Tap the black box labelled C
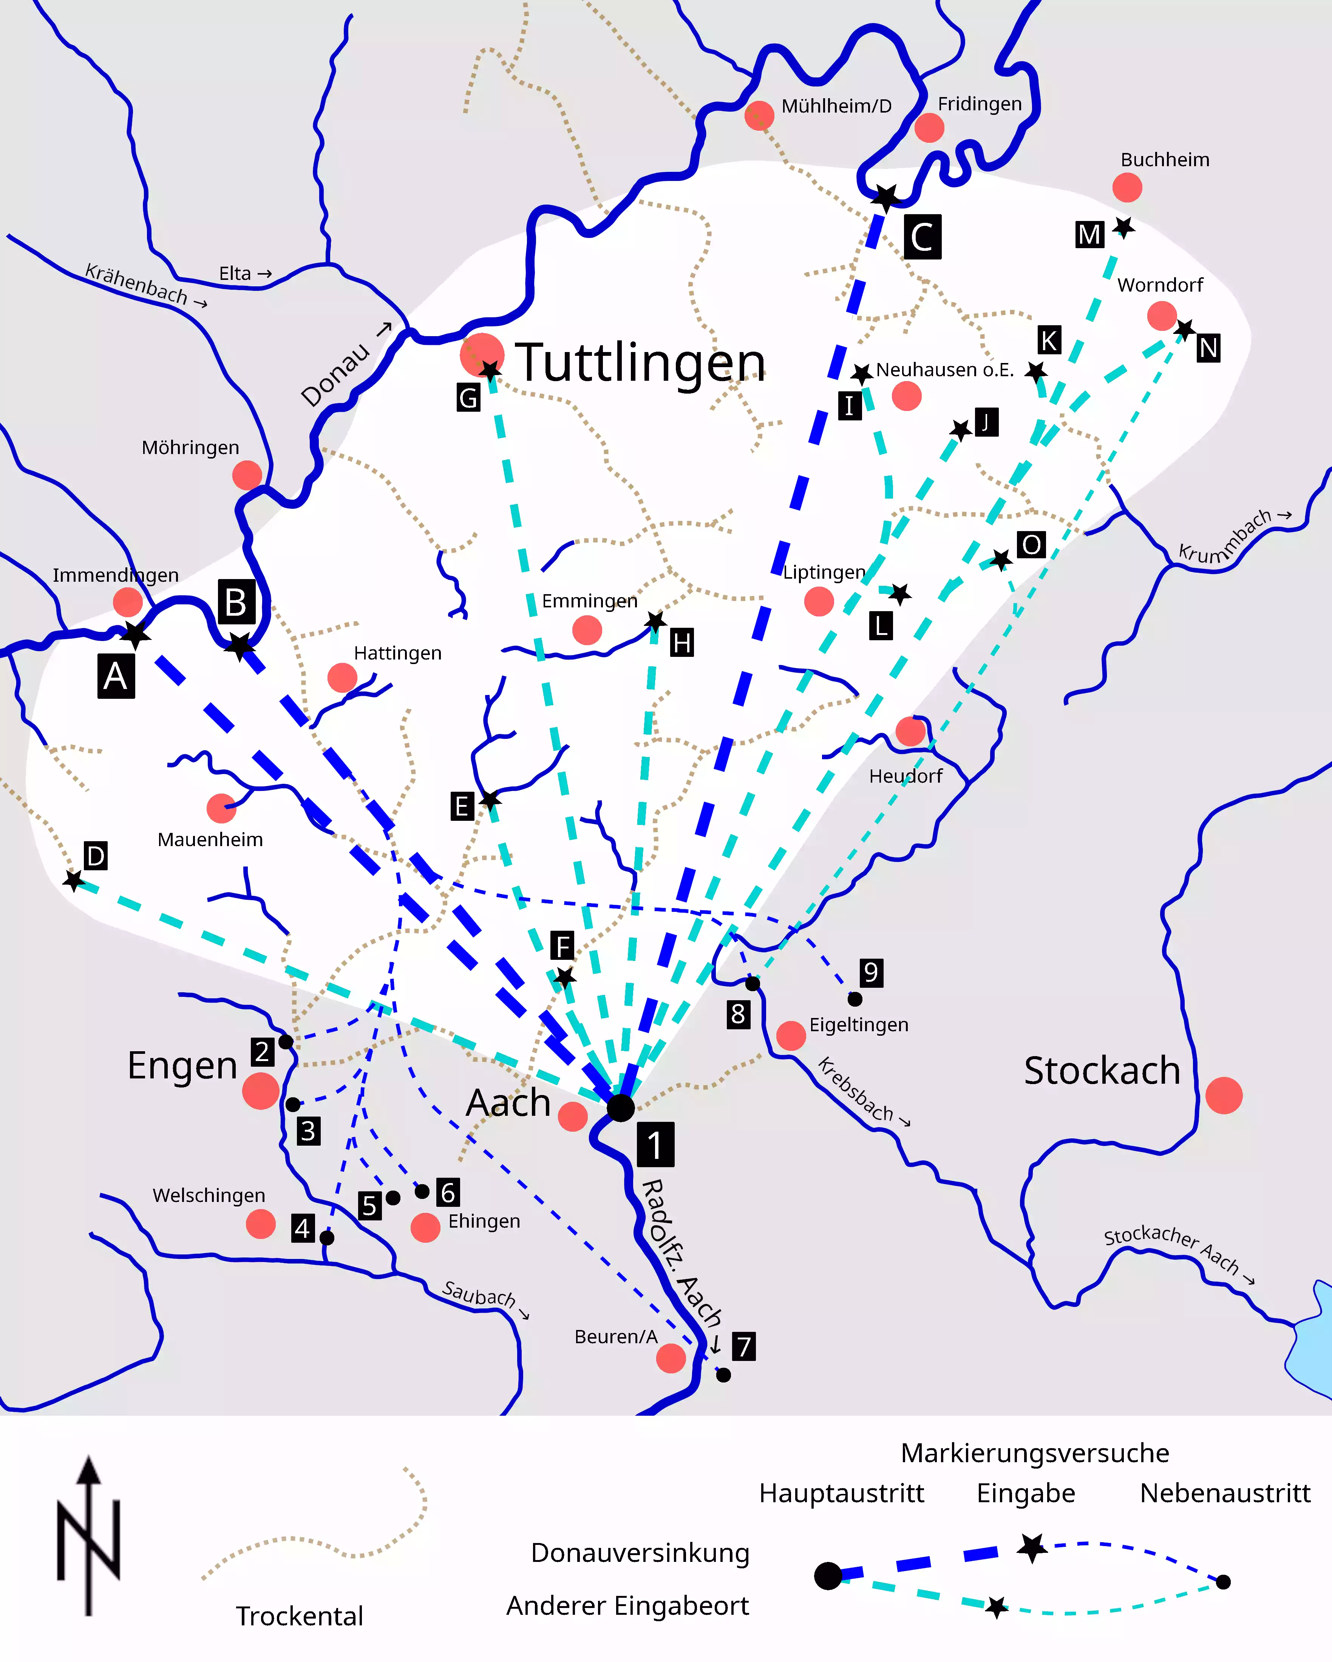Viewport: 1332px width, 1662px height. [922, 237]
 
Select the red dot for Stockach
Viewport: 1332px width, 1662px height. [1223, 1095]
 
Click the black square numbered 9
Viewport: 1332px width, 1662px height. [870, 973]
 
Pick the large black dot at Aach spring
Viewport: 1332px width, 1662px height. [621, 1108]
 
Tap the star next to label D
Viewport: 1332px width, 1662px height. [73, 880]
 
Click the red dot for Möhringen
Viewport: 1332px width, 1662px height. [247, 475]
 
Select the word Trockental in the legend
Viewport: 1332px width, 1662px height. [299, 1616]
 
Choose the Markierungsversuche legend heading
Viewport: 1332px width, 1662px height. [1034, 1453]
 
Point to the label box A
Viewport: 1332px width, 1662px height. [116, 676]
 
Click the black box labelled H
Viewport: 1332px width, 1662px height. [681, 642]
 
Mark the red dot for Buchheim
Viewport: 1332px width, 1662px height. [1127, 187]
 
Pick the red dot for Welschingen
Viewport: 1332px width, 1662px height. [261, 1223]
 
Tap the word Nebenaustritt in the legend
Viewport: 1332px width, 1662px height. [1225, 1493]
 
